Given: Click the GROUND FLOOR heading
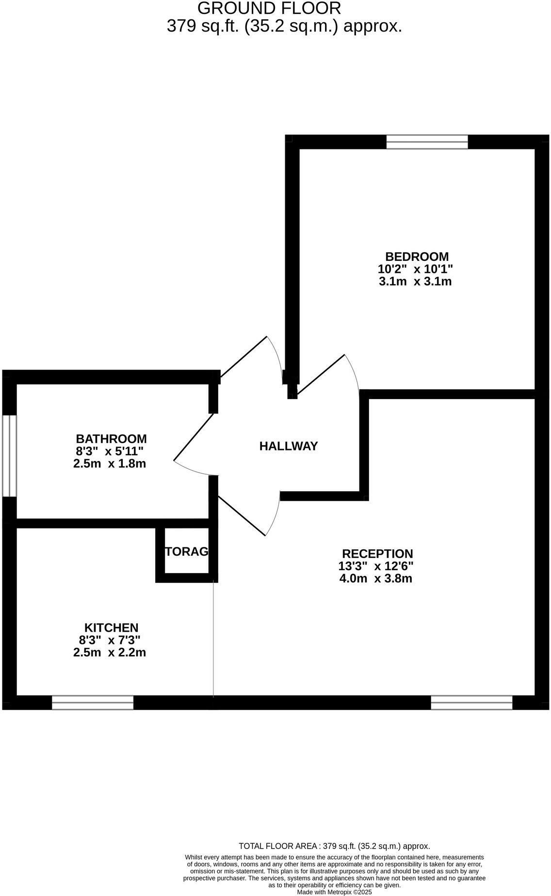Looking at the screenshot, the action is coord(269,8).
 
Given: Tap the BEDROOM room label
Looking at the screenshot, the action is coord(417,256).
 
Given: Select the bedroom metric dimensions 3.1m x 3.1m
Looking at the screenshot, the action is coord(415,281).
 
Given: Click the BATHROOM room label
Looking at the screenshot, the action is coord(111,439).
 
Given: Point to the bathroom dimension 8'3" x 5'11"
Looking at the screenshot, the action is coord(110,451).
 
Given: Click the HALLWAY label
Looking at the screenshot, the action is coord(289,446).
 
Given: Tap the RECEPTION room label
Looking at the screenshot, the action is coord(377,554).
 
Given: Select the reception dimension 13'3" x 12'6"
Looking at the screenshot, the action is coord(376,566).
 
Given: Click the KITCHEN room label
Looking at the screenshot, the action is coord(112,628).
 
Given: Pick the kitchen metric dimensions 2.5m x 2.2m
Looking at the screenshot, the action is coord(110,653).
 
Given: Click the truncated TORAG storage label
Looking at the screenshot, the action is coord(187,551).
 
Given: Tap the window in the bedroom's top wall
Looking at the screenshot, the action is coord(427,142).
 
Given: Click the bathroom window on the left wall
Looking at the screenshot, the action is coord(10,456).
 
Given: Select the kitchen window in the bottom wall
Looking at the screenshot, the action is coord(93,703).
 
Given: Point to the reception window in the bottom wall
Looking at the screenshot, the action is coord(472,703).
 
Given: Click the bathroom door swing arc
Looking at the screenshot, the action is coord(194,470).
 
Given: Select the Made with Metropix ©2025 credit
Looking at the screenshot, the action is coord(335,892).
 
